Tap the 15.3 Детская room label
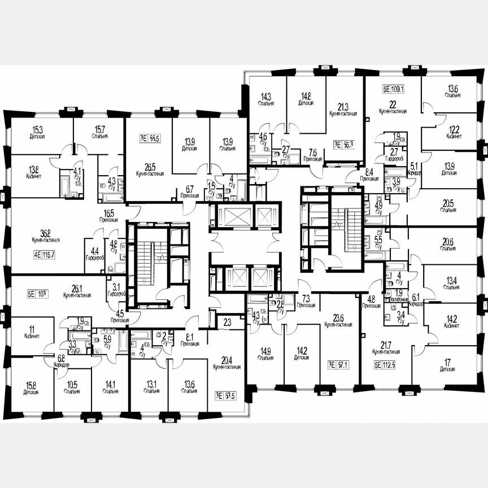pyautogui.click(x=38, y=133)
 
